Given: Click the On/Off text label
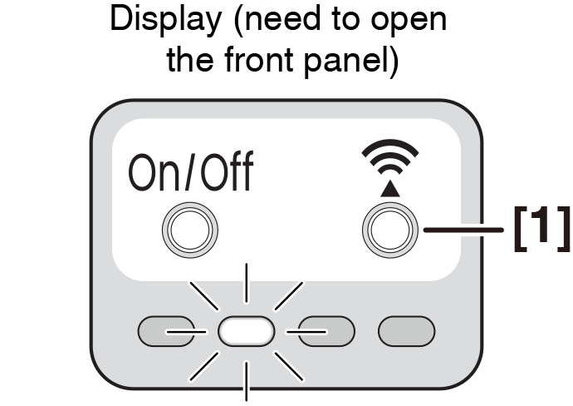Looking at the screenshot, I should (190, 175).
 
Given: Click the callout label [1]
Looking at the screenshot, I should (541, 228).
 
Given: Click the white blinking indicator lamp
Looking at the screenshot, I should (246, 331).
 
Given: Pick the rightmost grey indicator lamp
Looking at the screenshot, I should (406, 331).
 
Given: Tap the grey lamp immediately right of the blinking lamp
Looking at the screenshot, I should (326, 331).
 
